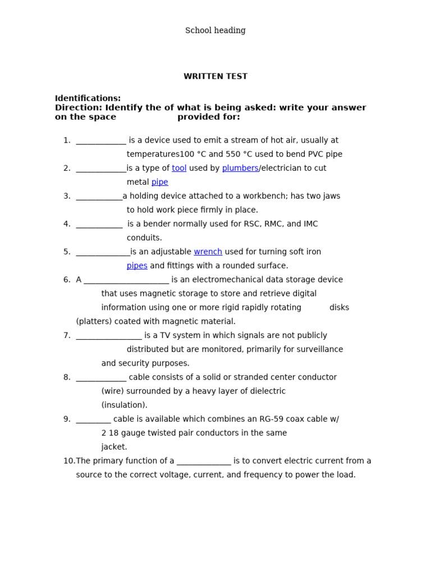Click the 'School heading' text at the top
click(215, 30)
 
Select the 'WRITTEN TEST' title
click(215, 76)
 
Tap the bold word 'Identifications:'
click(88, 98)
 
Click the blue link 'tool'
click(179, 168)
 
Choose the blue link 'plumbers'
click(240, 168)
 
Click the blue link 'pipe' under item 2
click(159, 182)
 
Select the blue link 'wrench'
click(208, 252)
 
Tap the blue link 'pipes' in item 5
click(137, 266)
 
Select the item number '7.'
click(67, 335)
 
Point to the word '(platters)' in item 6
click(94, 321)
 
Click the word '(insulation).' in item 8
click(124, 405)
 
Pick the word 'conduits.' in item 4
click(144, 238)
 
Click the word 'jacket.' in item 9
click(114, 447)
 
